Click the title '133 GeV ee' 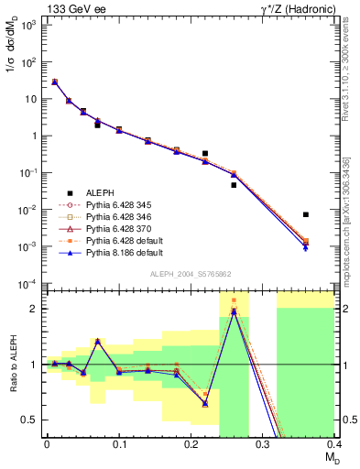pos(71,8)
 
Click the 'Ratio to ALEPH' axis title pos(12,365)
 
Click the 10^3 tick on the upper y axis pos(30,25)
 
